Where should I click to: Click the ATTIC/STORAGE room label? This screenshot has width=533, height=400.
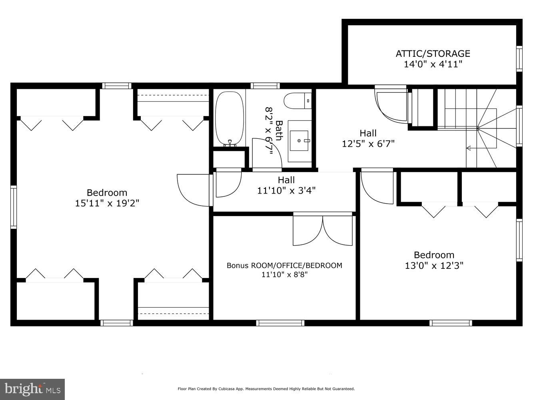[x=433, y=53]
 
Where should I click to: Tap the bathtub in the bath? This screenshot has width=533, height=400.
[x=230, y=118]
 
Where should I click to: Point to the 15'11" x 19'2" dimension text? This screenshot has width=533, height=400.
[x=107, y=203]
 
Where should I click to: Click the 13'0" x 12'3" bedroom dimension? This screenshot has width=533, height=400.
[x=434, y=265]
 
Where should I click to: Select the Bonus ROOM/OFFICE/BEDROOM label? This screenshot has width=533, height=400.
[x=284, y=265]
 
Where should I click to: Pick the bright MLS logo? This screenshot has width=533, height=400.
[x=32, y=388]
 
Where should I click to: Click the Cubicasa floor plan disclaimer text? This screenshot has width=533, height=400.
[x=266, y=389]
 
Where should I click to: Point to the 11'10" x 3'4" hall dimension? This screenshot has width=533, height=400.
[x=286, y=191]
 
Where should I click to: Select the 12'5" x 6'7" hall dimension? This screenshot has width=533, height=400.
[x=368, y=144]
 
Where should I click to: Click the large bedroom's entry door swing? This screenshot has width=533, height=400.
[x=194, y=190]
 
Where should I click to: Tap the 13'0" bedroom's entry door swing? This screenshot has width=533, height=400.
[x=376, y=186]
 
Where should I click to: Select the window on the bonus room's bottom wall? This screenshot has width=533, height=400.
[x=280, y=323]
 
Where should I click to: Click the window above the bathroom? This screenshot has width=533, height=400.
[x=265, y=85]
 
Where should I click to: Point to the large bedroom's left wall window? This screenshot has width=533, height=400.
[x=13, y=207]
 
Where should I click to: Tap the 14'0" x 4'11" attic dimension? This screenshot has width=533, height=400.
[x=433, y=64]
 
